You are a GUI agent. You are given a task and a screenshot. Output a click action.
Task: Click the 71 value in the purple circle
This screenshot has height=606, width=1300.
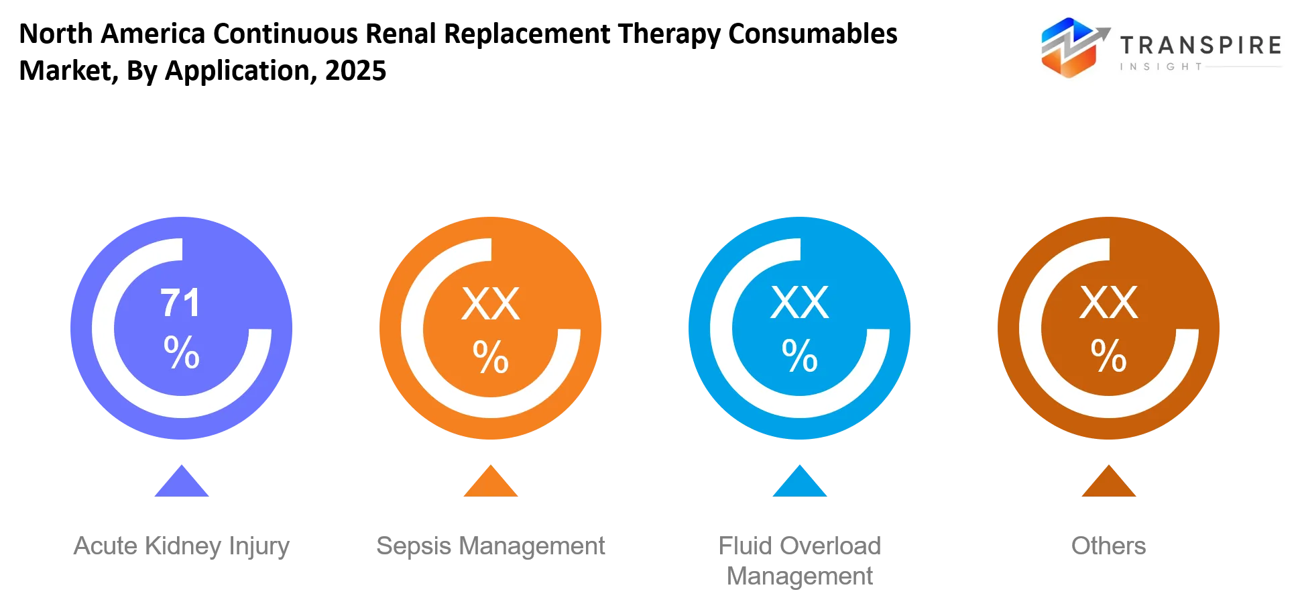tap(180, 303)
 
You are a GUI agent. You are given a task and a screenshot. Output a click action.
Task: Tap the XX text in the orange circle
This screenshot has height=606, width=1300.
tap(491, 304)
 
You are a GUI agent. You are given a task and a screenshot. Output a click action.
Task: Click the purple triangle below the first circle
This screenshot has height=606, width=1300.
tap(182, 482)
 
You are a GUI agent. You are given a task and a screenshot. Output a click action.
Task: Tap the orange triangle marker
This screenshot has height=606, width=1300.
tap(491, 482)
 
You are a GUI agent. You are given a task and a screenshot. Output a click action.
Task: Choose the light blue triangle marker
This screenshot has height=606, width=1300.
tap(800, 482)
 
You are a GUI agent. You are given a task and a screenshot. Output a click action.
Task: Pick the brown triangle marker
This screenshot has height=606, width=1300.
tap(1109, 482)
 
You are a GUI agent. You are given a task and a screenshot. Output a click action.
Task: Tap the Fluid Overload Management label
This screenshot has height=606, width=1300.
tap(800, 561)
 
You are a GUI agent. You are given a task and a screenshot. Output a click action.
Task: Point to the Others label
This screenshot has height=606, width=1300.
tap(1109, 546)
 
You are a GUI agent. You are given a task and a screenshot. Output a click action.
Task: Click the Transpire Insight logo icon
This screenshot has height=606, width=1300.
tap(1073, 47)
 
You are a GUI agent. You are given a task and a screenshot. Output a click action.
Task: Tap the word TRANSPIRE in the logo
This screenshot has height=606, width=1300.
tap(1201, 45)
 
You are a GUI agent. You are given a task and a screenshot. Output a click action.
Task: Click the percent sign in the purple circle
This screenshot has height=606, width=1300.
tap(182, 352)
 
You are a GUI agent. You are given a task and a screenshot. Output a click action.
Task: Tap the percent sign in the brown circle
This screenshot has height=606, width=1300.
tap(1109, 356)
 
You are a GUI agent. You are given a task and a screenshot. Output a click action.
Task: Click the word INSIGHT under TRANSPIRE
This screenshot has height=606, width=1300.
tap(1161, 66)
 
